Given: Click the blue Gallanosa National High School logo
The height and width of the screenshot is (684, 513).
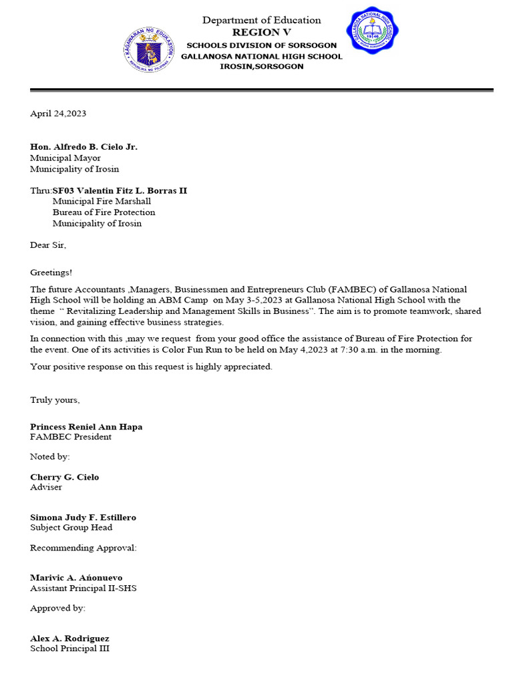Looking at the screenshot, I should pos(372,31).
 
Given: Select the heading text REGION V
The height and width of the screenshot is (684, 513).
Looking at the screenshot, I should pos(261,32).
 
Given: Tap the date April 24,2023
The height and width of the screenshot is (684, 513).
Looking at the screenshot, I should pos(58,114).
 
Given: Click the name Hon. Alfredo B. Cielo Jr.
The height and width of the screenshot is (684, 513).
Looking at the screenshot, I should pos(83,147).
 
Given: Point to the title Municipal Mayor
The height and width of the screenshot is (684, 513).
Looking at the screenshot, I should pos(65,158).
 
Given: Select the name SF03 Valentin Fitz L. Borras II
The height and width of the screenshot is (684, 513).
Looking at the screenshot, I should pos(120,191).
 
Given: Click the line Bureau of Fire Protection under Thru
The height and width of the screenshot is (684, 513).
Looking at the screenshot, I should pos(104,212).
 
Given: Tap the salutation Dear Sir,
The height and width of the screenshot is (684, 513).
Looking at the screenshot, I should pos(48,245).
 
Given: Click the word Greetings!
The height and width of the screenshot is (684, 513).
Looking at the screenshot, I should pos(51,273).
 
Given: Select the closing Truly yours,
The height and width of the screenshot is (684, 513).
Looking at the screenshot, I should pos(55,400).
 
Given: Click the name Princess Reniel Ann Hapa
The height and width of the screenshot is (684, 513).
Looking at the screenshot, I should pos(86,427).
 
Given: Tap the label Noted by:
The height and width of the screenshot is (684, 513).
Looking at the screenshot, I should pos(49,457).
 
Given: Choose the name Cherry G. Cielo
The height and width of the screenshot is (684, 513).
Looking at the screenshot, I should pos(64,477).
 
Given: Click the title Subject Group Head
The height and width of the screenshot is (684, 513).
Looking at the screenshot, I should pos(71,528).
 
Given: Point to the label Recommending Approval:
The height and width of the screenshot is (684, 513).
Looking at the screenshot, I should pos(83,548).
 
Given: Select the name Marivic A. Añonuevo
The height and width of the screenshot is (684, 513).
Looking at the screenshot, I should pos(76,578).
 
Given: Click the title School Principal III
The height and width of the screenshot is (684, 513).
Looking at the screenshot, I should pos(69,649).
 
